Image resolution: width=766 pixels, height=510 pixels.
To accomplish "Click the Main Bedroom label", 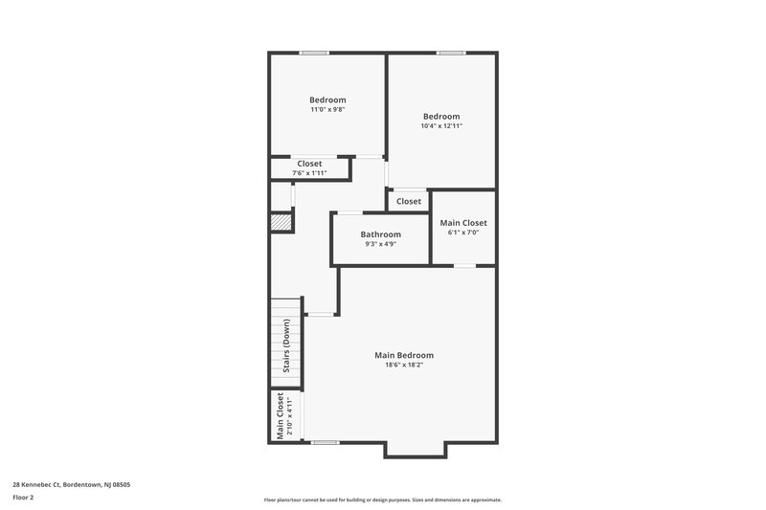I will [403, 355].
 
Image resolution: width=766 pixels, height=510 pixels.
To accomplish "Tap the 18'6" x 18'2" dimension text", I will [403, 365].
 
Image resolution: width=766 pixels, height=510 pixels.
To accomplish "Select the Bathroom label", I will [380, 234].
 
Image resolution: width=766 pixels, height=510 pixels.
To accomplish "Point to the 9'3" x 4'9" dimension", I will [380, 244].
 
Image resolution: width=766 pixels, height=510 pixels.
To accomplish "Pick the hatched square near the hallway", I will [281, 222].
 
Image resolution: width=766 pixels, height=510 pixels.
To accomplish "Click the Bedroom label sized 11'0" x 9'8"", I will [327, 100].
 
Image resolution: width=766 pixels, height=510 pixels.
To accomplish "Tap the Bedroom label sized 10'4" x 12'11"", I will [441, 117].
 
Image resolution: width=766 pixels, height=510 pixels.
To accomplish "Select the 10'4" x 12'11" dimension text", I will [441, 126].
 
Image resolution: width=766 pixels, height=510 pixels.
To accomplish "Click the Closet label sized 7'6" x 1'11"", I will [309, 164].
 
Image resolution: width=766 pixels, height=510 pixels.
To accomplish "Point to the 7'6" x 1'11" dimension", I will [309, 172].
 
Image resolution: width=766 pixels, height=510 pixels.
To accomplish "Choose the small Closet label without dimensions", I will [409, 201].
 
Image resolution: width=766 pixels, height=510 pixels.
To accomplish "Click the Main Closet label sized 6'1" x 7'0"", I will [463, 223].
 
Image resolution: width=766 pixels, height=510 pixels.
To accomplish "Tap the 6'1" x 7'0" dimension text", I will [463, 233].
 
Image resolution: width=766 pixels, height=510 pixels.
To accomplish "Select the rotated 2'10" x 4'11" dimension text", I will [289, 416].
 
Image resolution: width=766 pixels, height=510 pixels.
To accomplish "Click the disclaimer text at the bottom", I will [383, 499].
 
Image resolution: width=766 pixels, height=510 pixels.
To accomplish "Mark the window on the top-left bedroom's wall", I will [314, 53].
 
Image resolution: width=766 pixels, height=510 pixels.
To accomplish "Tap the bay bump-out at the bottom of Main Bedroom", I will [415, 449].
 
